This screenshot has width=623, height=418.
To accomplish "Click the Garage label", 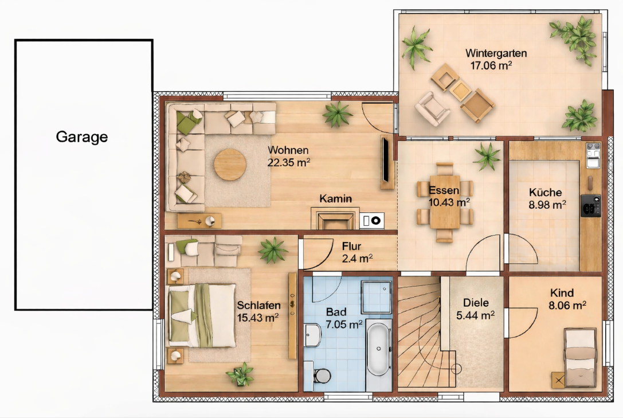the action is (82, 137).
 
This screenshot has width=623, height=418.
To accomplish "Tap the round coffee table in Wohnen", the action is (230, 165).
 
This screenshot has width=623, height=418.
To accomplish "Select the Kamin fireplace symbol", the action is (335, 218).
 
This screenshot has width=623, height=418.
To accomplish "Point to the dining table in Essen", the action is (445, 202).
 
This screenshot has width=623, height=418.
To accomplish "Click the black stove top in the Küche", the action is (590, 205).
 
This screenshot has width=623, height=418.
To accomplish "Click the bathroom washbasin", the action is (313, 335).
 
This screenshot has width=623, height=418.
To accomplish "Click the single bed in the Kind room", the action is (581, 357).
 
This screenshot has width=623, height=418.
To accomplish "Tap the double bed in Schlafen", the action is (202, 315).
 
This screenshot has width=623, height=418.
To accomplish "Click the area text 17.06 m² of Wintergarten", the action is (491, 65).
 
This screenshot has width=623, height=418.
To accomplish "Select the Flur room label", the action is (351, 247).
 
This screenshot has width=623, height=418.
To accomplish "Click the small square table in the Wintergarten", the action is (460, 90).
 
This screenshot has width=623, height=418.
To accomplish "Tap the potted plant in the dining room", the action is (487, 156).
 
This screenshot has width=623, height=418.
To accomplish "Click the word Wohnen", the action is (288, 150).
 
